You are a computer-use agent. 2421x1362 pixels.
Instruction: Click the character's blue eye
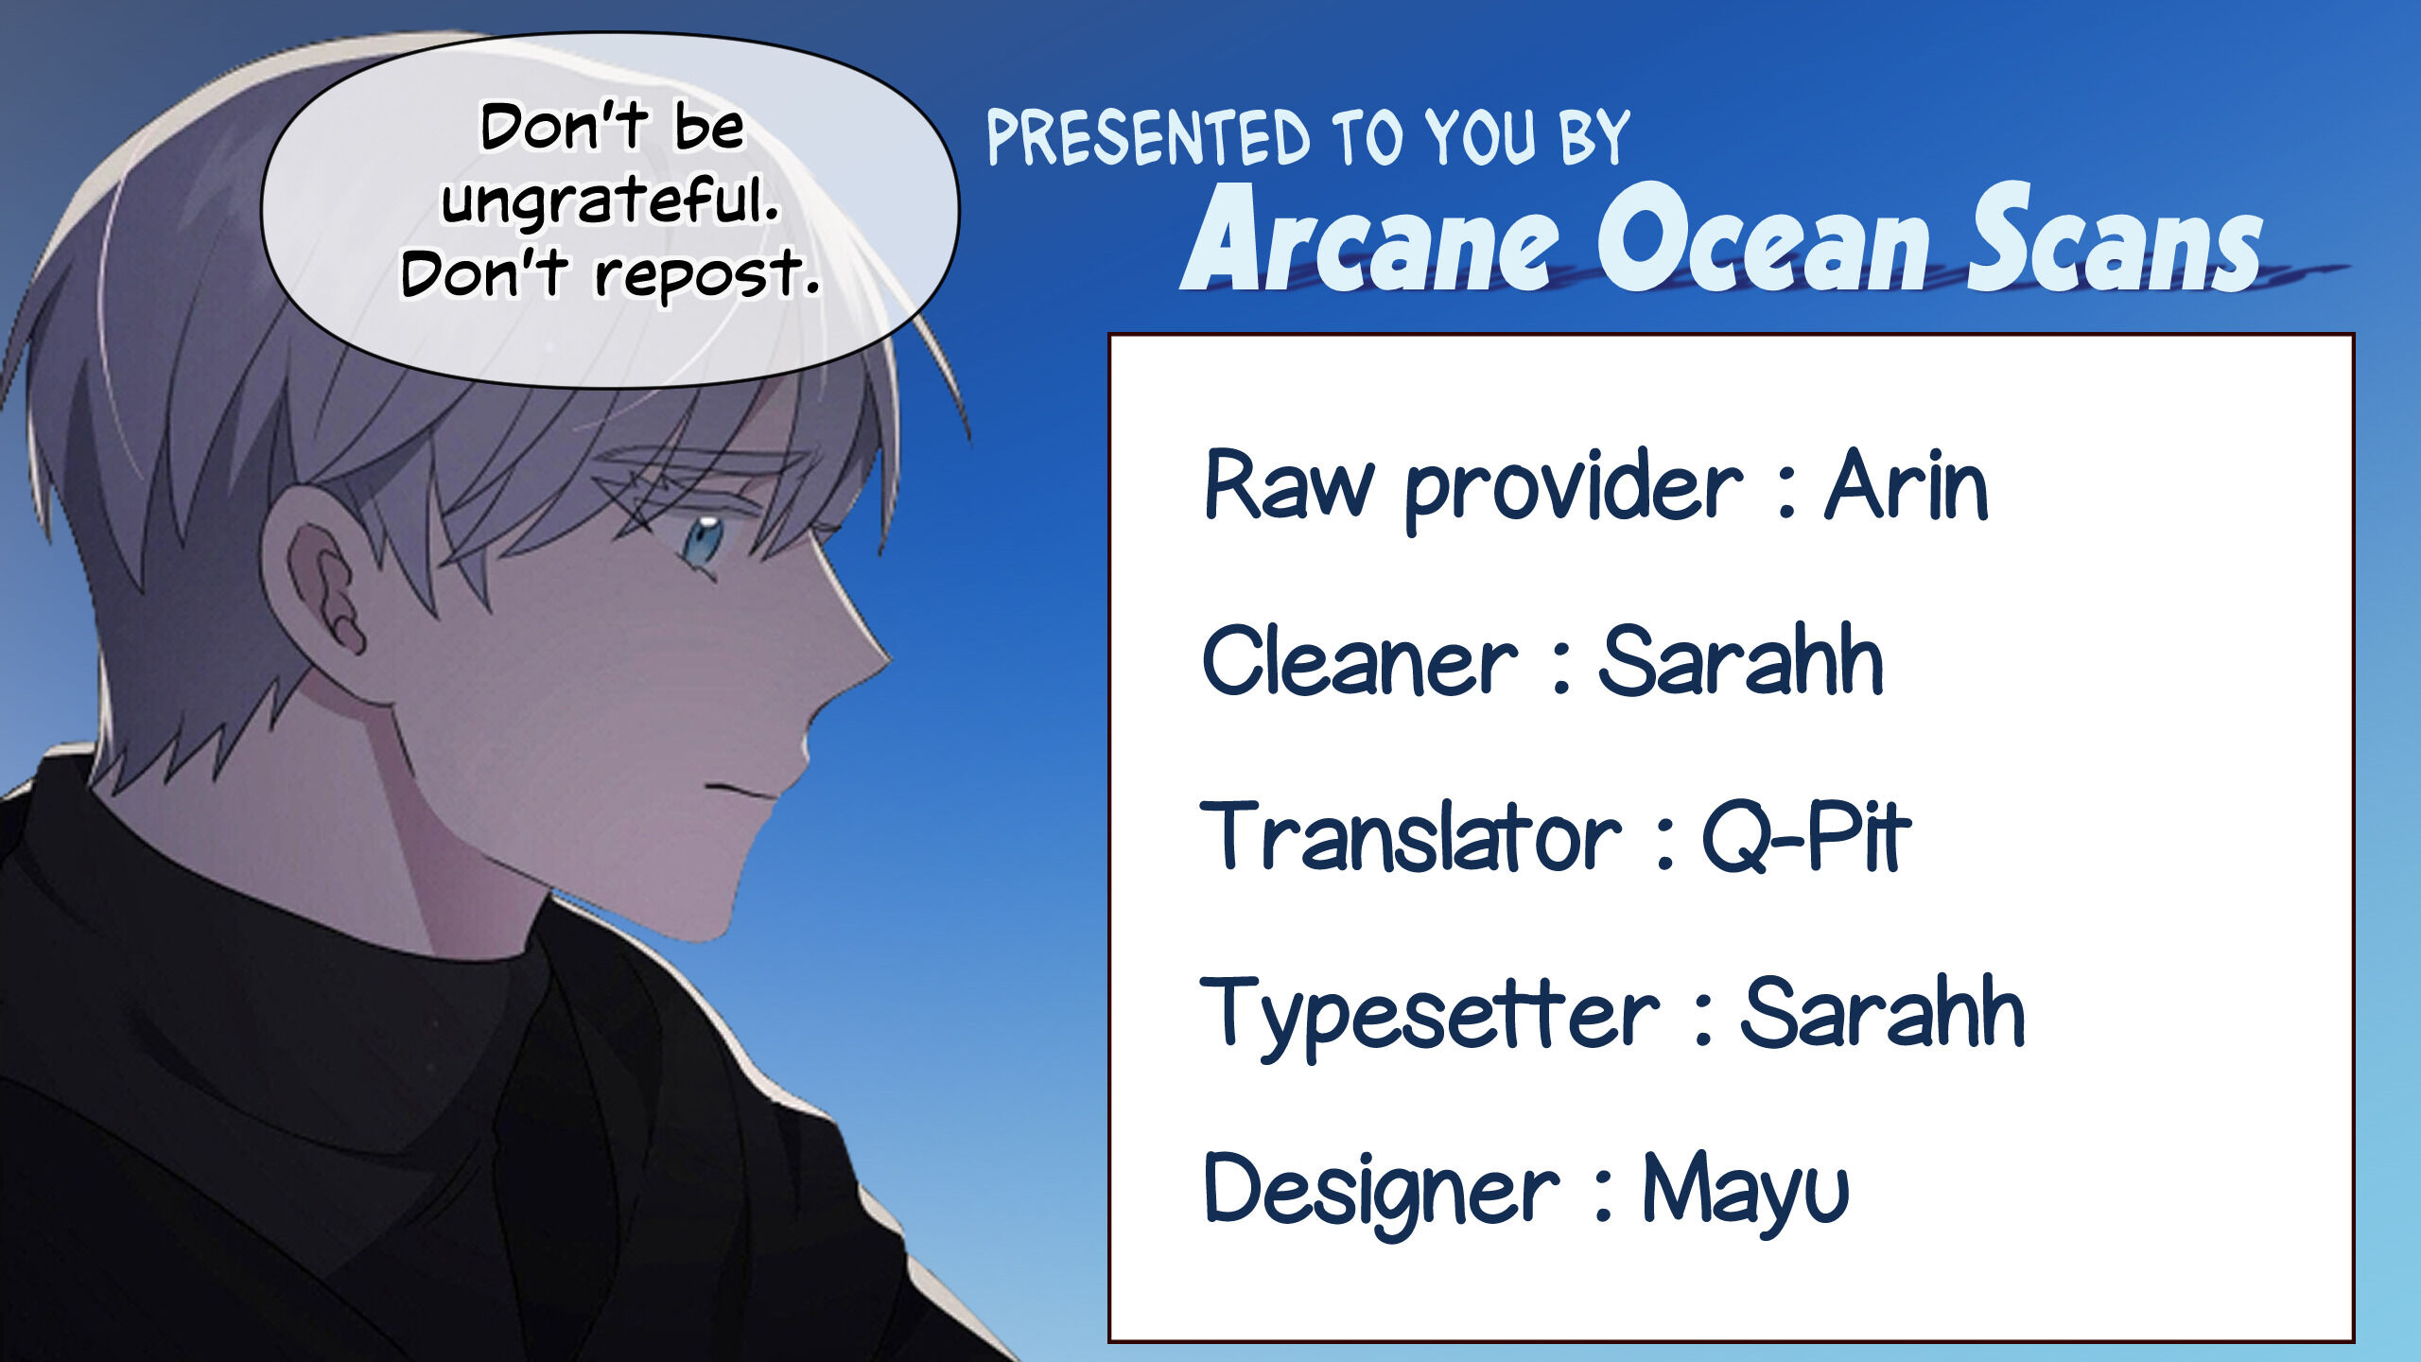pos(703,539)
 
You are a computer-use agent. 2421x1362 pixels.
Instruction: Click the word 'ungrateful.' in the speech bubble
pos(610,201)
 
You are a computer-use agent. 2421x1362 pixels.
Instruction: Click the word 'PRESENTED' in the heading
pos(1148,138)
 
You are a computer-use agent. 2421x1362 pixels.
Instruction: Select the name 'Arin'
pos(1907,484)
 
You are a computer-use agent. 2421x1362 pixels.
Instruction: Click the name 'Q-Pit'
pos(1806,835)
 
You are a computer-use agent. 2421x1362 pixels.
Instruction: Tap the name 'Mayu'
pos(1745,1190)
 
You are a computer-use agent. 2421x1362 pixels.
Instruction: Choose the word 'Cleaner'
pos(1360,659)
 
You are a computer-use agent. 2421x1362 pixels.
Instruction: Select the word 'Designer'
pos(1381,1190)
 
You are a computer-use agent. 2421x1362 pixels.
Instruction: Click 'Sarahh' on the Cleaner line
pos(1741,659)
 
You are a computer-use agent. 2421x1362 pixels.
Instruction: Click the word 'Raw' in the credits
pos(1289,484)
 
